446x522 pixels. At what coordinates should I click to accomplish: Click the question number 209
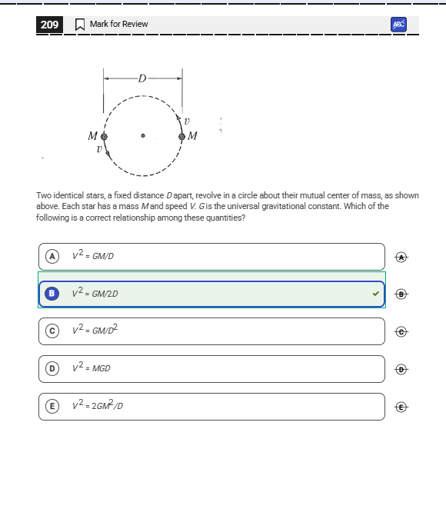49,25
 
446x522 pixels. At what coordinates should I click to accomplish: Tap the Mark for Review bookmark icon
79,25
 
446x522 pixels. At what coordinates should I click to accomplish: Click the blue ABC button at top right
398,25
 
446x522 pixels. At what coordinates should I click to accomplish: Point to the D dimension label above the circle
142,78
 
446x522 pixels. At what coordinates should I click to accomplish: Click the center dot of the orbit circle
143,137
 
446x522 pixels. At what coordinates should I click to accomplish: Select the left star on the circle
105,137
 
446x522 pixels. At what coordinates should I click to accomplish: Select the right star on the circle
181,137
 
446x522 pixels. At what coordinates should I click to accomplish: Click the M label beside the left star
93,136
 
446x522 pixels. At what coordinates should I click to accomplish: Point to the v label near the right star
187,121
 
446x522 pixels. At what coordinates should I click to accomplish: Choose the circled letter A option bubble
52,256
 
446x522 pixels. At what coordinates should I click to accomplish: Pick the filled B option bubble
52,294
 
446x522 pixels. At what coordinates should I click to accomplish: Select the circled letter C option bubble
52,331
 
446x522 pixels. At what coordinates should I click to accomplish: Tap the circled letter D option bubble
52,369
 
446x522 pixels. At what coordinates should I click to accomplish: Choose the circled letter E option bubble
52,407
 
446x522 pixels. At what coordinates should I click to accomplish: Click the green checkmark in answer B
376,294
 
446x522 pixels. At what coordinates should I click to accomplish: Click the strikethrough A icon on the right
400,256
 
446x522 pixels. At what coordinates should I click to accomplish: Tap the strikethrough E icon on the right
400,407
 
